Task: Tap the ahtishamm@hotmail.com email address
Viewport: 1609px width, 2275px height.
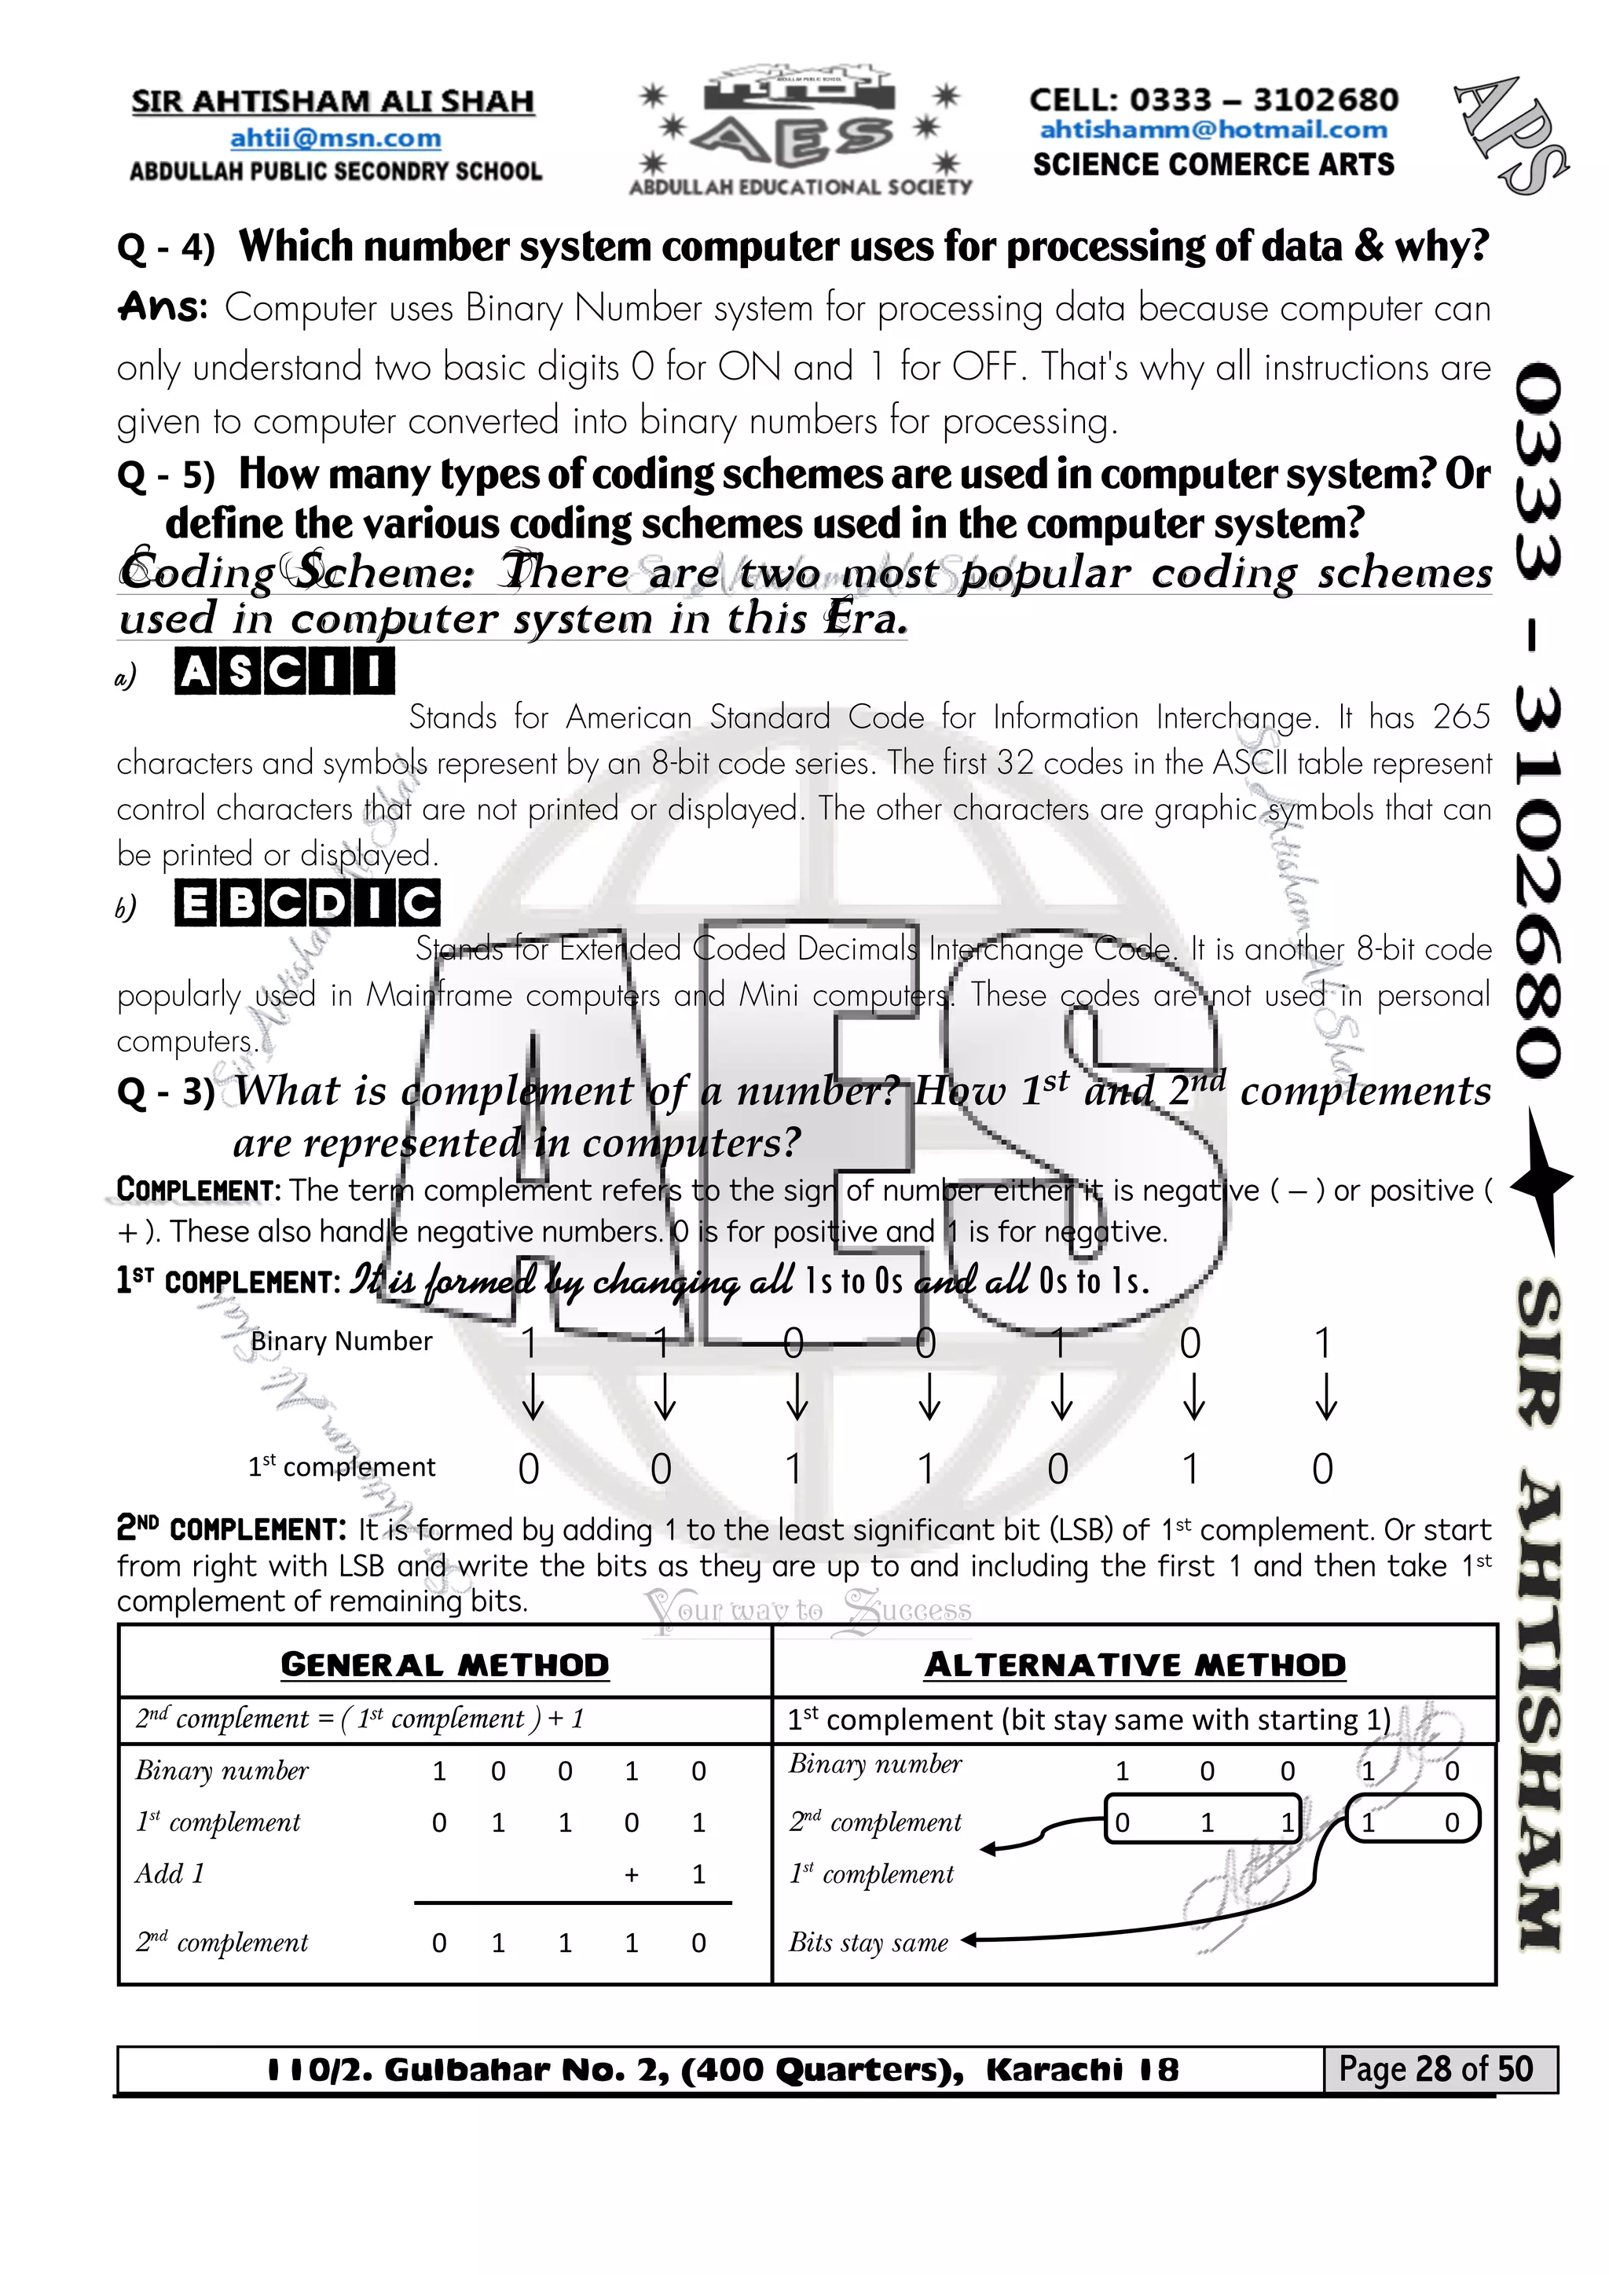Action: point(1213,130)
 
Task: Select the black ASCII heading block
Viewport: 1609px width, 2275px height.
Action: point(284,672)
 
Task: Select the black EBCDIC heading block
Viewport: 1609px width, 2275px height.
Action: point(307,904)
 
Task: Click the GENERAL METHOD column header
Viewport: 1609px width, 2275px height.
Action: point(444,1664)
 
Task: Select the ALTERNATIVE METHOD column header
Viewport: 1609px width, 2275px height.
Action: point(1134,1664)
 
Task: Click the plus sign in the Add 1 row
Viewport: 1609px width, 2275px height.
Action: point(631,1873)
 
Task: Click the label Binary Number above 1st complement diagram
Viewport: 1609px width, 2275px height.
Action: point(341,1341)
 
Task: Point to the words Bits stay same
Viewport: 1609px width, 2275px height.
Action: point(868,1942)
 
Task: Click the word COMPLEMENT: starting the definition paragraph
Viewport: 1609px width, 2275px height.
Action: point(199,1189)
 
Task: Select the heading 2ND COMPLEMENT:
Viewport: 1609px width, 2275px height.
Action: point(231,1529)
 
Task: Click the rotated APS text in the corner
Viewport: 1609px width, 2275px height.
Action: point(1512,134)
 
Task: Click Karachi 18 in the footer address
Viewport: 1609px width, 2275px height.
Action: point(1082,2070)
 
